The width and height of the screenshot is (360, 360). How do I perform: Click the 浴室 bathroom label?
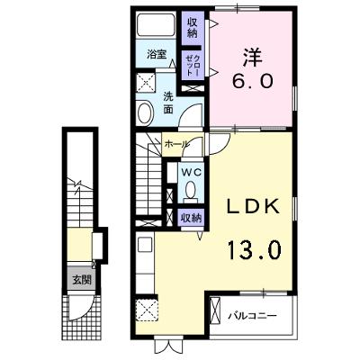(x=157, y=54)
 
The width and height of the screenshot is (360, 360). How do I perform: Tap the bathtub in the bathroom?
(x=156, y=25)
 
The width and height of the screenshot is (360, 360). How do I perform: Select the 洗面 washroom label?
(x=168, y=103)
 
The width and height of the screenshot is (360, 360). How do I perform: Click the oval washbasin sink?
(x=145, y=113)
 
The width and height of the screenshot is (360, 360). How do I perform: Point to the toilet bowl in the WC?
(x=190, y=190)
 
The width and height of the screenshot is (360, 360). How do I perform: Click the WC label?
(x=191, y=172)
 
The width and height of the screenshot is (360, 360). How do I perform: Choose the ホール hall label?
(x=176, y=144)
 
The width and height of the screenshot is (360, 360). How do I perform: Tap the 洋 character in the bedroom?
(x=253, y=58)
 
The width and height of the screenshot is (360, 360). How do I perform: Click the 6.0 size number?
(x=252, y=81)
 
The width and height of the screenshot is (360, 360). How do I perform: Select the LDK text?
(x=253, y=206)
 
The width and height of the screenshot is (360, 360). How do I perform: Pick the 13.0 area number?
(x=254, y=250)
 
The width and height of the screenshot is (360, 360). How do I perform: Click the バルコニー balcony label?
(x=251, y=316)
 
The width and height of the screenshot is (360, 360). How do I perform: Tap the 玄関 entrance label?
(x=82, y=280)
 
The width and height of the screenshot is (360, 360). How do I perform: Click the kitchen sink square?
(x=146, y=246)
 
